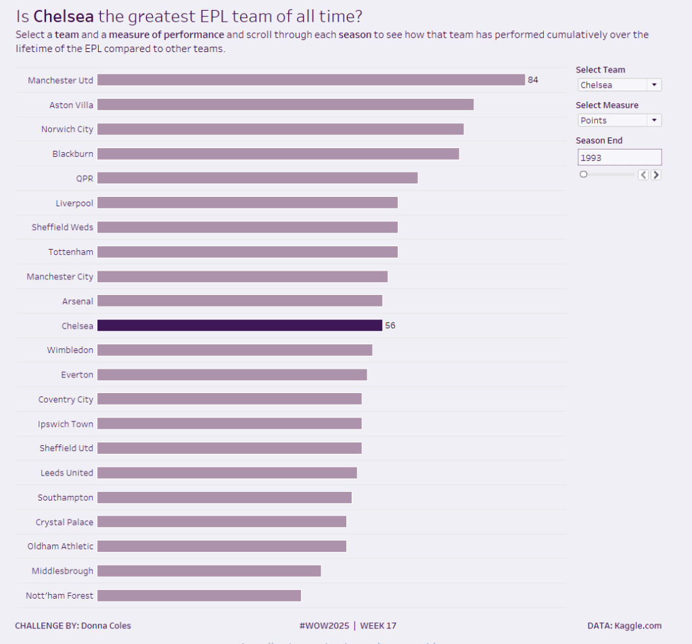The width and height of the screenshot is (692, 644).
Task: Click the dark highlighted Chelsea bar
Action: [x=239, y=325]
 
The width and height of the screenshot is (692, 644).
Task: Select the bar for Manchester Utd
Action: [x=311, y=80]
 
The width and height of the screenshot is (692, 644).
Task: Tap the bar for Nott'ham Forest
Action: [x=199, y=595]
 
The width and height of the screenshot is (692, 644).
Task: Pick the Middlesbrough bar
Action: [x=209, y=571]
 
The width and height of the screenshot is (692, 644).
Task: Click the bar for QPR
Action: [x=257, y=178]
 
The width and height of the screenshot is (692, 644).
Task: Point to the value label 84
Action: [x=533, y=80]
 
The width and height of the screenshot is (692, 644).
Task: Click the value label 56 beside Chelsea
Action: [x=390, y=325]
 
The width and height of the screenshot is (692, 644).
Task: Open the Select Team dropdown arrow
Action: [x=654, y=85]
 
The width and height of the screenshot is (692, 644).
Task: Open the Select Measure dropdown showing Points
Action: [x=619, y=120]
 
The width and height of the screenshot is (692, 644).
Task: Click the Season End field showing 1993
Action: [x=619, y=158]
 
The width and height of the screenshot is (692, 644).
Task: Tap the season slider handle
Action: [x=584, y=175]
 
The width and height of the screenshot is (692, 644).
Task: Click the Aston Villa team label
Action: [x=72, y=105]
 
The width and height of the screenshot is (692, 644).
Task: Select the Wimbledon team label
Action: [x=70, y=350]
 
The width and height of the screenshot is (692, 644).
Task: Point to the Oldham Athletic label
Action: [x=61, y=546]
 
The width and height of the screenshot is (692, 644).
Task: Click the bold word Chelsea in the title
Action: [x=65, y=16]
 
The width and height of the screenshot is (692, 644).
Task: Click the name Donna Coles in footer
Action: [x=106, y=626]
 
